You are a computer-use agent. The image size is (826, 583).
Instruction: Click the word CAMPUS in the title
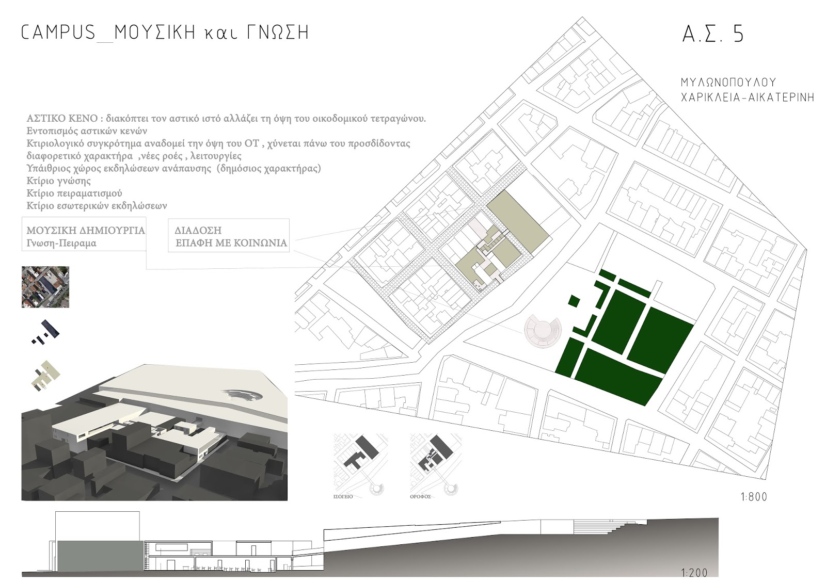[58, 33]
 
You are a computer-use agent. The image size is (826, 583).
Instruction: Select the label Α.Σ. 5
[713, 34]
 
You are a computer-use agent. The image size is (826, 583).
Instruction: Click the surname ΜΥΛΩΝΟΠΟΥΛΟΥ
[728, 83]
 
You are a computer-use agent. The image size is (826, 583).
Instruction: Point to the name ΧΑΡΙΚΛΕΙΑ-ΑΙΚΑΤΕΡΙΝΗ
[747, 97]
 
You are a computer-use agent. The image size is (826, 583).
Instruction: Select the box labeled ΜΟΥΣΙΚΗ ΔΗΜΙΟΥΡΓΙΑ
[84, 236]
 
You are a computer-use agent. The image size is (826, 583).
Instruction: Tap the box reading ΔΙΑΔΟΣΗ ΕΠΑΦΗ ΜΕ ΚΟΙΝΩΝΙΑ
[229, 236]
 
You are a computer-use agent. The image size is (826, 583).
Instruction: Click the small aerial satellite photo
[45, 287]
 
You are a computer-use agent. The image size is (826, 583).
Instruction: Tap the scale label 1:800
[754, 497]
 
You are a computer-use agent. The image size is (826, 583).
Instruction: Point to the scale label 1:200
[694, 572]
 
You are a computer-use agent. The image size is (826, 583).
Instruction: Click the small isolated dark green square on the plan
[574, 301]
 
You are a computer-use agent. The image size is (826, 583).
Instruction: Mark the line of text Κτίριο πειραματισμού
[74, 193]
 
